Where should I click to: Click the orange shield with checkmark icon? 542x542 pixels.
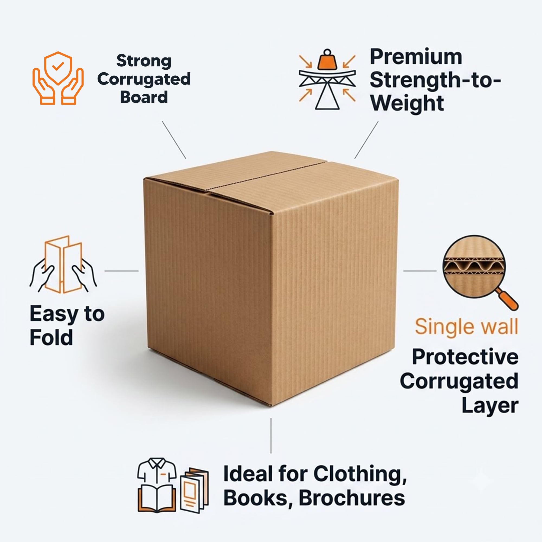(x=58, y=68)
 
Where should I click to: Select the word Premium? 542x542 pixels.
(x=416, y=57)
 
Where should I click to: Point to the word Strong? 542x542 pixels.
(x=144, y=61)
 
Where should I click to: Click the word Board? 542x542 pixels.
(x=144, y=97)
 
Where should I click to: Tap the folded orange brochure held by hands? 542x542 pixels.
(x=63, y=264)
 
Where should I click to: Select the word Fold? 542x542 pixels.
(x=51, y=337)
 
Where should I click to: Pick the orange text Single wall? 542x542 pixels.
(x=466, y=327)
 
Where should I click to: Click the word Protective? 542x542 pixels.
(x=465, y=357)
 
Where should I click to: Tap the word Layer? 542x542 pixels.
(x=490, y=405)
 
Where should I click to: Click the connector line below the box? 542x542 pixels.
(x=271, y=435)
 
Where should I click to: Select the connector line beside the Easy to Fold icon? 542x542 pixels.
(x=121, y=271)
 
